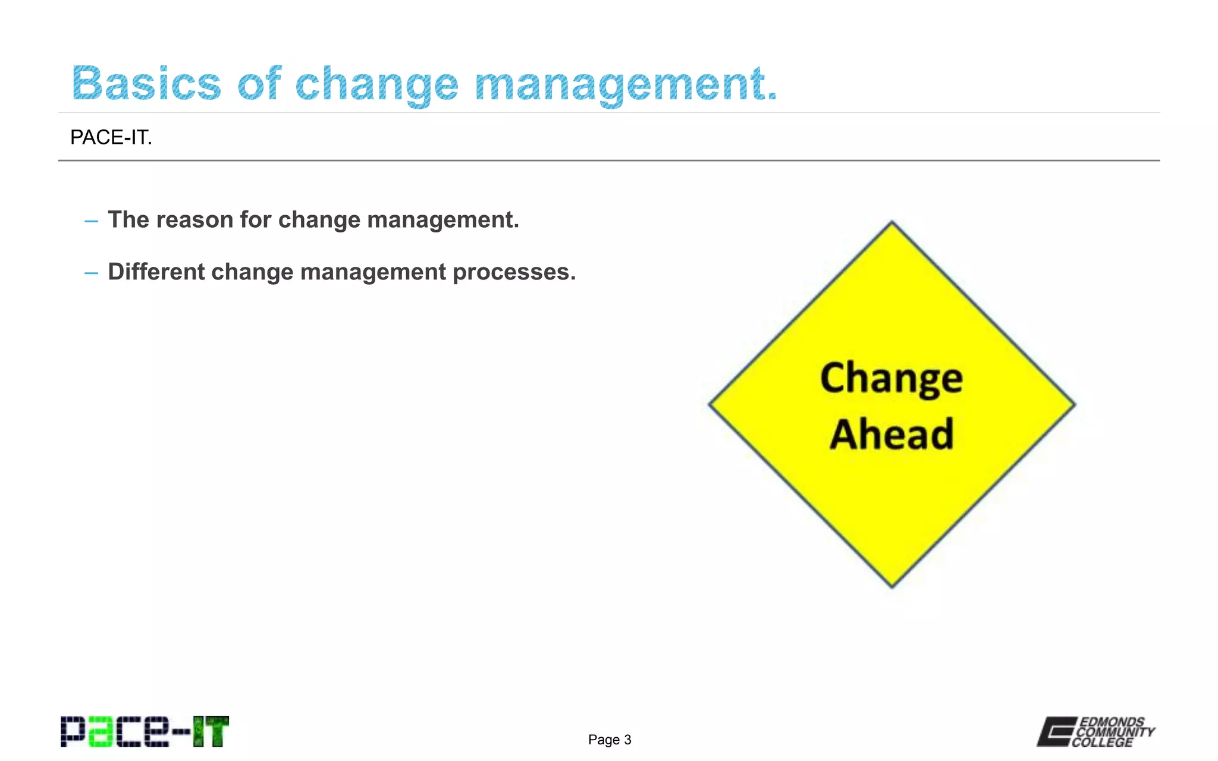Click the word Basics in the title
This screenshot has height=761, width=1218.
pos(146,83)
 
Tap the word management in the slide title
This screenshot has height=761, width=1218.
pos(626,84)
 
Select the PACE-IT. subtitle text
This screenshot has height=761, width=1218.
pos(111,137)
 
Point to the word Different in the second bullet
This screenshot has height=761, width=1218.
pos(156,272)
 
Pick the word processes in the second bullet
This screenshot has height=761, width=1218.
pos(514,273)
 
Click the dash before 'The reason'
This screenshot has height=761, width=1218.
pos(91,221)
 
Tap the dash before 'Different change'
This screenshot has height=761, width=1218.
pos(91,273)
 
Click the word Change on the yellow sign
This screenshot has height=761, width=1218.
pos(891,378)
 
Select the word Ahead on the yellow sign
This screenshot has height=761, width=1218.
pos(891,434)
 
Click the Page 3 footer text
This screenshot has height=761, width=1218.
pos(609,740)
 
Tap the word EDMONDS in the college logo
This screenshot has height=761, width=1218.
pos(1112,722)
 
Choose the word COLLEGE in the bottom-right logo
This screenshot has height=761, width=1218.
pos(1103,743)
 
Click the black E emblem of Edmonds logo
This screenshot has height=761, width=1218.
pos(1056,731)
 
